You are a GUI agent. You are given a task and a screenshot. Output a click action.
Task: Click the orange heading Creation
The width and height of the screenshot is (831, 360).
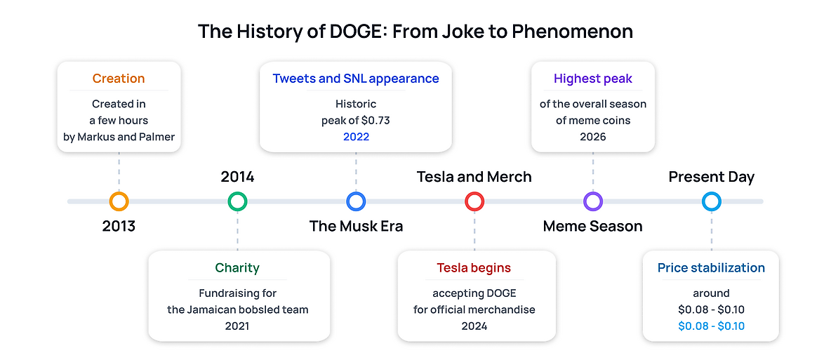tap(119, 79)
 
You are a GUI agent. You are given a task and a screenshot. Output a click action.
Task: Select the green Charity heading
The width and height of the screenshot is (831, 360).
tap(237, 268)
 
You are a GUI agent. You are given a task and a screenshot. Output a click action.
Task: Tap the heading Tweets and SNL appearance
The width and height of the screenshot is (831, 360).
tap(356, 79)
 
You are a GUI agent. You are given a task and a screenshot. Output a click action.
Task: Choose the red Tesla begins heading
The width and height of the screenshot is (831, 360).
tap(474, 268)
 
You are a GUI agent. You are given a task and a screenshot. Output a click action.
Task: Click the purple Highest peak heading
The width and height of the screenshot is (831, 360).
tap(593, 79)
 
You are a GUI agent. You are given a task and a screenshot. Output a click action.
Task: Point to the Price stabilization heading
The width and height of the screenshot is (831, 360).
tap(711, 268)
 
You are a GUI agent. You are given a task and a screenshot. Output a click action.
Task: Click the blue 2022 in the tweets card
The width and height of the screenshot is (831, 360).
tap(356, 136)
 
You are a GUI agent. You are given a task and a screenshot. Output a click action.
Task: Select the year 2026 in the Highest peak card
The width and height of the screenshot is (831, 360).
tap(593, 136)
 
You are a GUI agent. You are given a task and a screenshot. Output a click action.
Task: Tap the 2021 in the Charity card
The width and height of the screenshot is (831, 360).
tap(237, 326)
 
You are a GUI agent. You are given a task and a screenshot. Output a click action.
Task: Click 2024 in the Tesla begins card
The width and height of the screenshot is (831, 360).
tap(474, 326)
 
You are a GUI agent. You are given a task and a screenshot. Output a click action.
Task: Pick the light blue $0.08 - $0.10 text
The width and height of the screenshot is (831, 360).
tap(711, 326)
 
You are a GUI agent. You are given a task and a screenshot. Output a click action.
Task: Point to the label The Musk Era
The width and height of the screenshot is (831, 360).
tap(356, 227)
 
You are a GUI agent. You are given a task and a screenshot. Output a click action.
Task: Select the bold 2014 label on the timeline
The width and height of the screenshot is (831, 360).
tap(237, 177)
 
